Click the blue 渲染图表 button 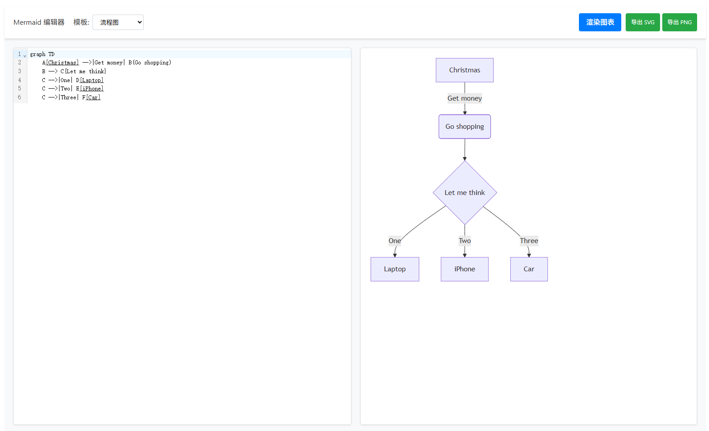tap(600, 22)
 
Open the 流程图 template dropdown tap(118, 22)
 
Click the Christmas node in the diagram tap(464, 70)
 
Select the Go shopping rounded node tap(464, 127)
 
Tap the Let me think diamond tap(464, 193)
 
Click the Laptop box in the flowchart tap(395, 269)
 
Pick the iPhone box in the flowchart tap(464, 269)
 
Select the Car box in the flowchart tap(529, 269)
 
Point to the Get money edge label tap(464, 98)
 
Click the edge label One tap(395, 241)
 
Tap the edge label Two tap(465, 241)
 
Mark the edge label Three tap(529, 241)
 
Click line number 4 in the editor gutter tap(19, 80)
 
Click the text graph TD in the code tap(42, 54)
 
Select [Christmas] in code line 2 tap(63, 63)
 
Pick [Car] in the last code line tap(93, 97)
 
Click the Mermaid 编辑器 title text tap(39, 22)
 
